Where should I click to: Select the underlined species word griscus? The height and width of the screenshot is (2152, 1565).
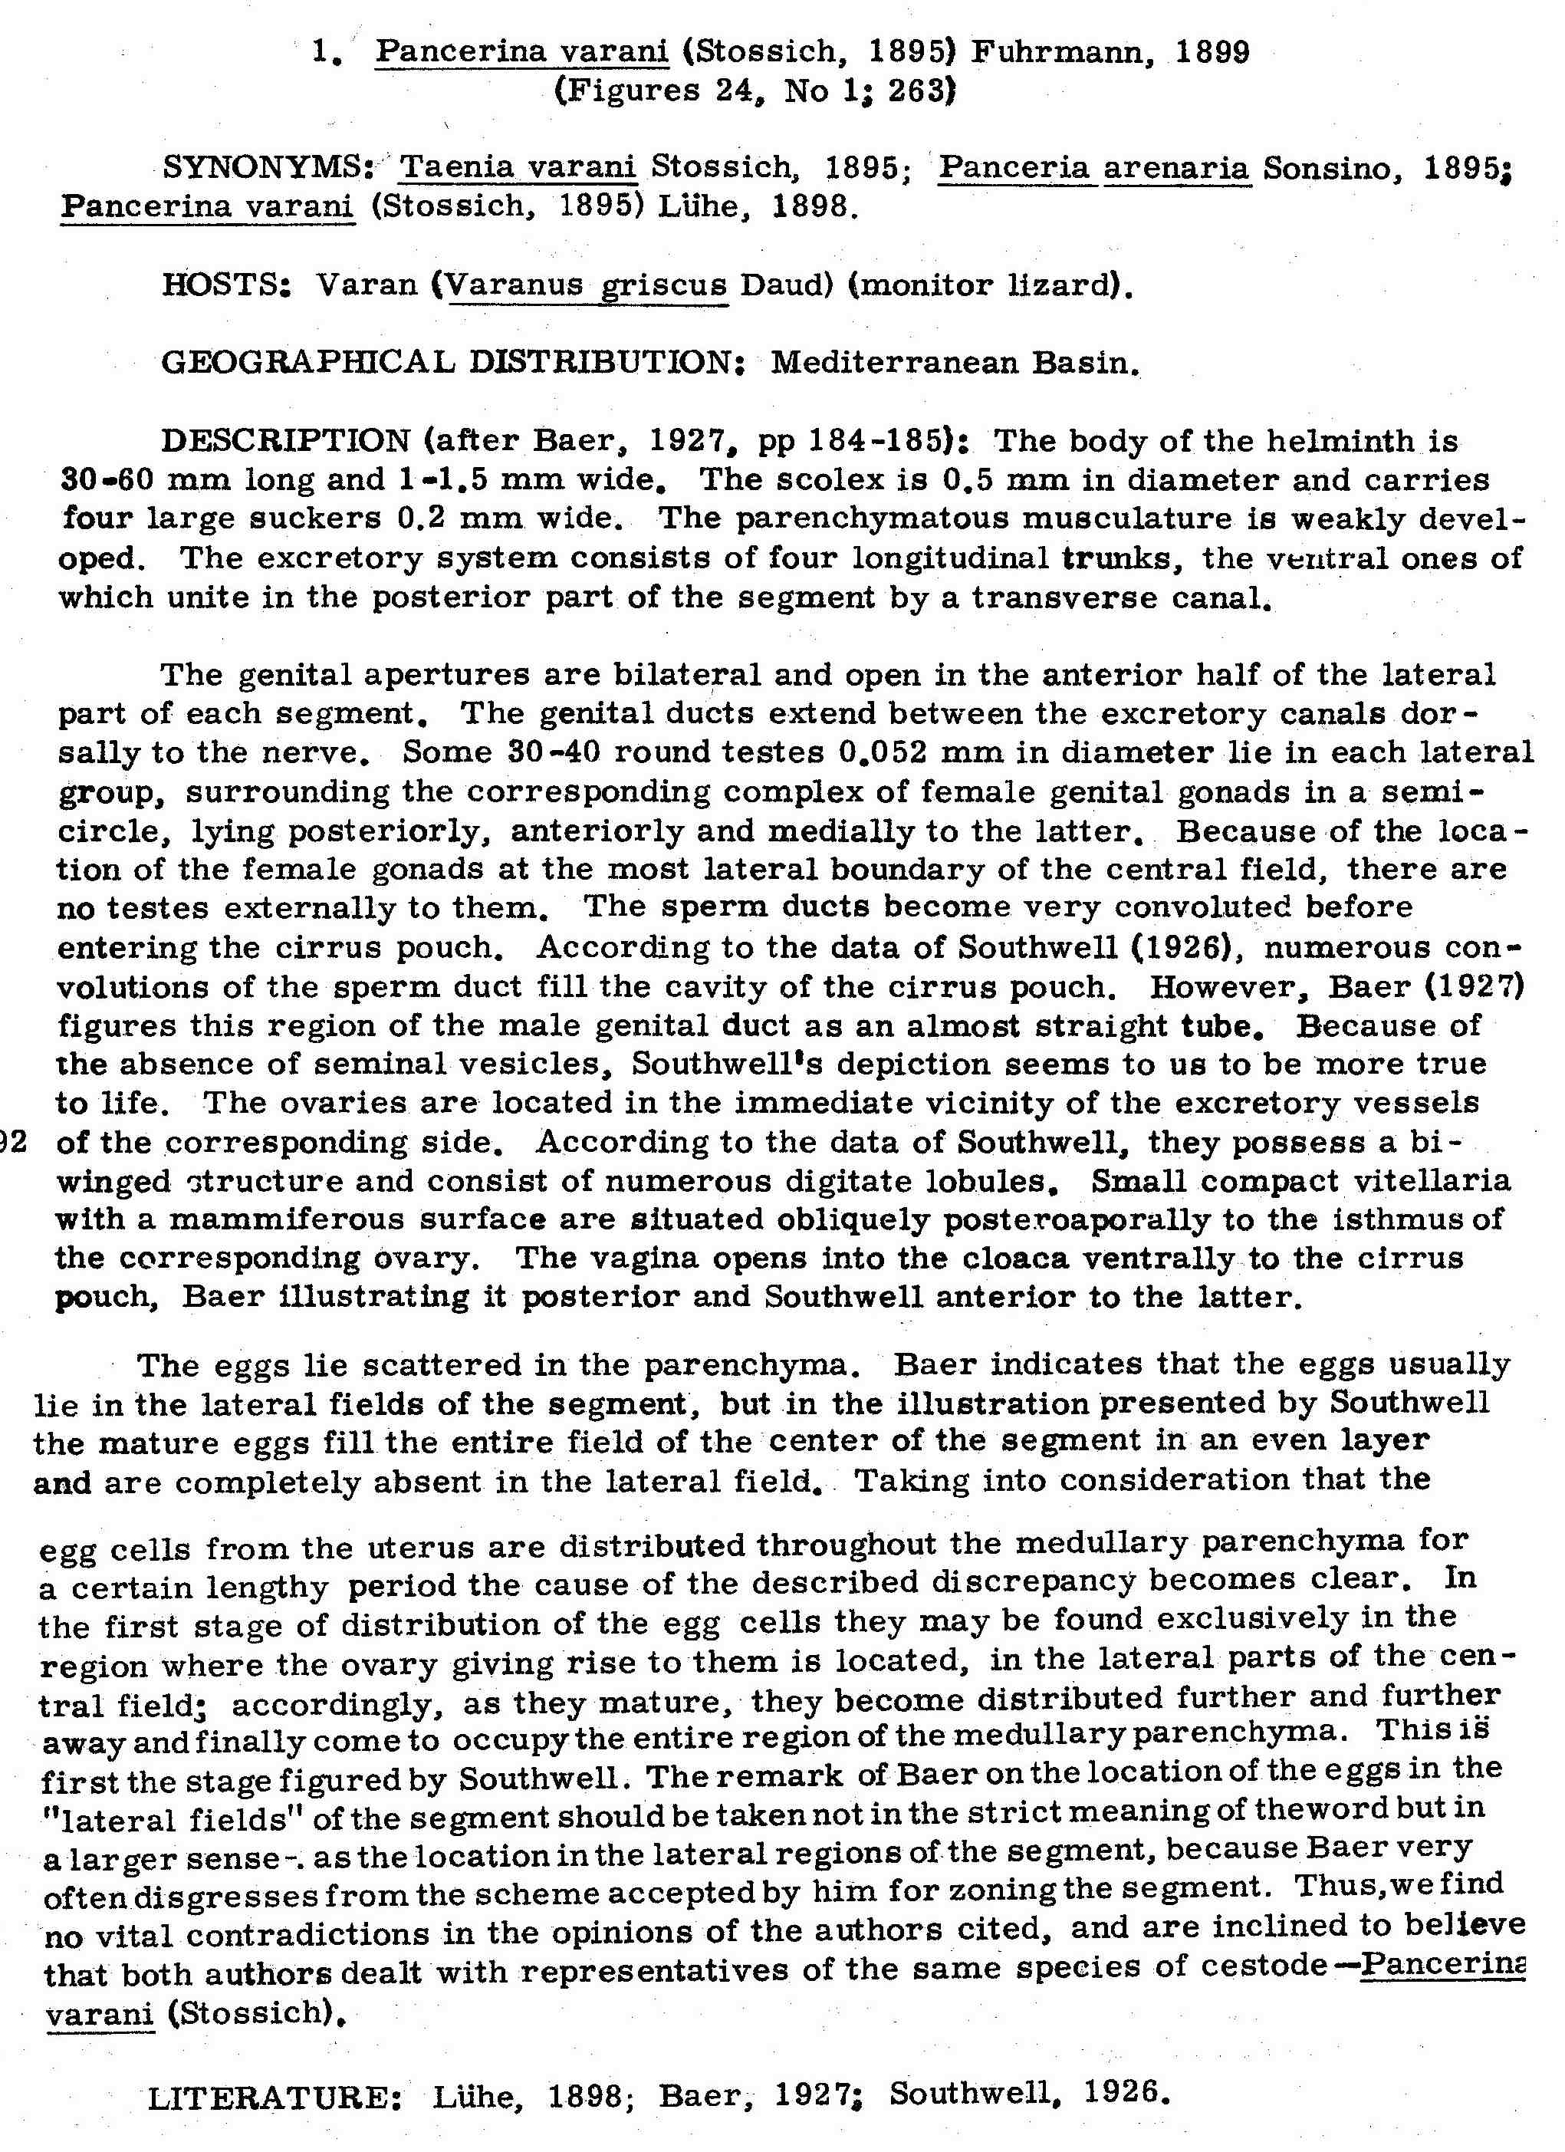[x=664, y=285]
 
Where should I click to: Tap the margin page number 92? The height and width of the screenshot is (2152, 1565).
[x=12, y=1141]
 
